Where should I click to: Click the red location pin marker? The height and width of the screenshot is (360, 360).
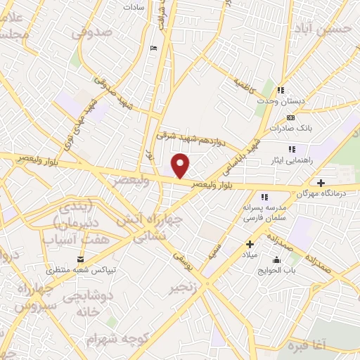click(x=181, y=165)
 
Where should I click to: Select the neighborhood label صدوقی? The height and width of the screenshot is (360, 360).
click(x=92, y=32)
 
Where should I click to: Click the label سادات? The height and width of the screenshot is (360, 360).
click(x=134, y=6)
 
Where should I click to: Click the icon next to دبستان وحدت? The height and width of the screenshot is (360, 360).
click(x=281, y=90)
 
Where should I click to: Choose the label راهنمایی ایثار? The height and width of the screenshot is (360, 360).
click(x=320, y=160)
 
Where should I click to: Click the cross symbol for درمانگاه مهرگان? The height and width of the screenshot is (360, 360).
click(x=321, y=183)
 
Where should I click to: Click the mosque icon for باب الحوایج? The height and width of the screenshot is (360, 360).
click(x=276, y=260)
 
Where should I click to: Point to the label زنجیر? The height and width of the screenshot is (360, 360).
click(x=183, y=289)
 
